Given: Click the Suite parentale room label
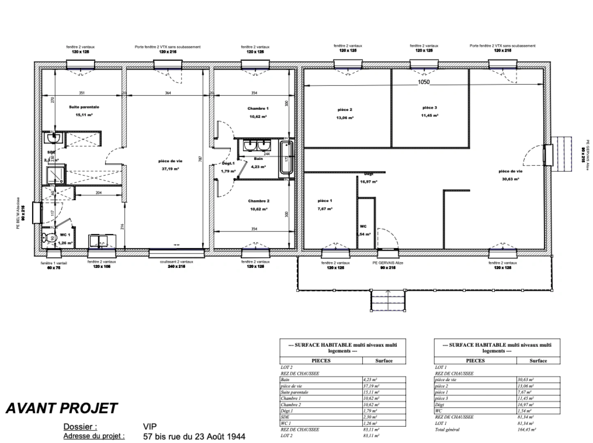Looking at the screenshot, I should pyautogui.click(x=84, y=107).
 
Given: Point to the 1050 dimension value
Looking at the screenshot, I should pyautogui.click(x=423, y=82).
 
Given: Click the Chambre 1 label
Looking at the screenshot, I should pyautogui.click(x=257, y=109).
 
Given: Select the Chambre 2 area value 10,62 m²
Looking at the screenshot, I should pyautogui.click(x=258, y=209).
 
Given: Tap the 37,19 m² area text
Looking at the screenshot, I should pyautogui.click(x=168, y=169).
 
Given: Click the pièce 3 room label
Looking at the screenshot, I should pyautogui.click(x=430, y=108).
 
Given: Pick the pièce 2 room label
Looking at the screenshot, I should pyautogui.click(x=345, y=110).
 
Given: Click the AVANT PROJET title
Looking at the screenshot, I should pyautogui.click(x=62, y=408).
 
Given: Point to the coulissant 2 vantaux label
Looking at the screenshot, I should pyautogui.click(x=176, y=262).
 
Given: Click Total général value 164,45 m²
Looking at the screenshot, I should pyautogui.click(x=526, y=429).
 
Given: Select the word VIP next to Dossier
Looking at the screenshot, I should pyautogui.click(x=150, y=427).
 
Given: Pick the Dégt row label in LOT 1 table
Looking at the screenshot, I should pyautogui.click(x=439, y=404).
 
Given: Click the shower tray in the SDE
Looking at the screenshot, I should pyautogui.click(x=55, y=174).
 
